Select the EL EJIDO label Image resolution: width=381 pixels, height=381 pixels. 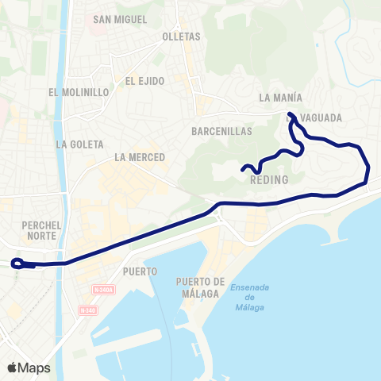(144, 80)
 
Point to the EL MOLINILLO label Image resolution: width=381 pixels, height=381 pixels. (78, 92)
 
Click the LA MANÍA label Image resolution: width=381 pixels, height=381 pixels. (280, 98)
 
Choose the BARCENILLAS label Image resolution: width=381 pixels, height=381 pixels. (221, 131)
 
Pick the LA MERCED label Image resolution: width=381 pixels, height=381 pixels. (139, 157)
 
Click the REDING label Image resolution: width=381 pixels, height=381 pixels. (268, 181)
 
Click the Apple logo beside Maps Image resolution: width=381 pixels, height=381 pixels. (12, 368)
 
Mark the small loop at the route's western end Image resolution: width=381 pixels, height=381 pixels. (17, 264)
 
